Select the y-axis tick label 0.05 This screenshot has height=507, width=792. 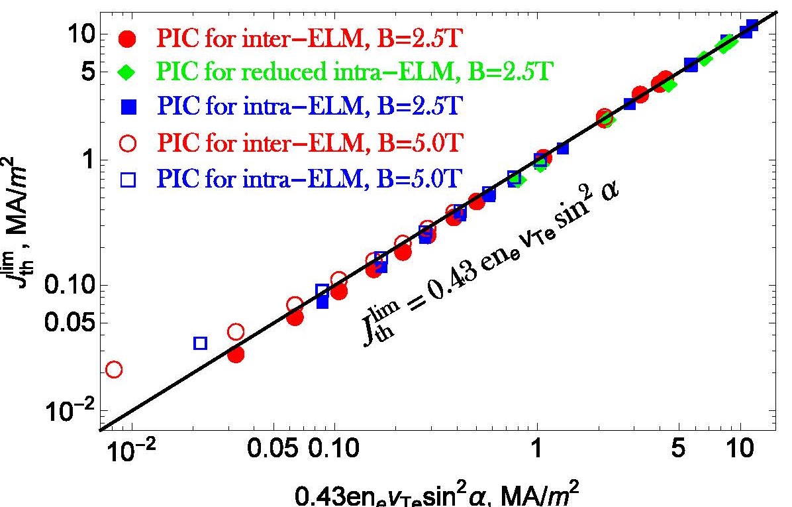click(74, 323)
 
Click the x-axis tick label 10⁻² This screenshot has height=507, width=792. click(130, 452)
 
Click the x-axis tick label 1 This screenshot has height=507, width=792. click(536, 452)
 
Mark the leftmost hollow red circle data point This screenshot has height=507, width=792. click(114, 369)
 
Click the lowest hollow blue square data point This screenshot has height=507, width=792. click(200, 343)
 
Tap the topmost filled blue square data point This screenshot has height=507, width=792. click(752, 27)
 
